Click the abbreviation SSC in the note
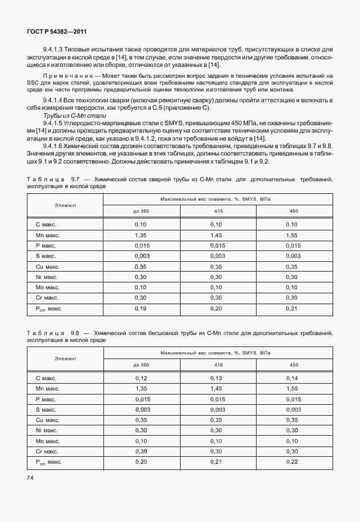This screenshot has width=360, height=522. (34, 83)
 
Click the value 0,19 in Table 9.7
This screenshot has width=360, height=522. (141, 309)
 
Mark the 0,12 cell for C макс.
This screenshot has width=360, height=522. (141, 378)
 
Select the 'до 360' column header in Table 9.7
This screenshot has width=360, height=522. (141, 211)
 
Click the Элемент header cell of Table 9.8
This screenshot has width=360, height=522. (65, 357)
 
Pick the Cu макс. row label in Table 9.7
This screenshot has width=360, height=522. (48, 266)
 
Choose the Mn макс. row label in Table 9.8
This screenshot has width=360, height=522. (48, 388)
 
